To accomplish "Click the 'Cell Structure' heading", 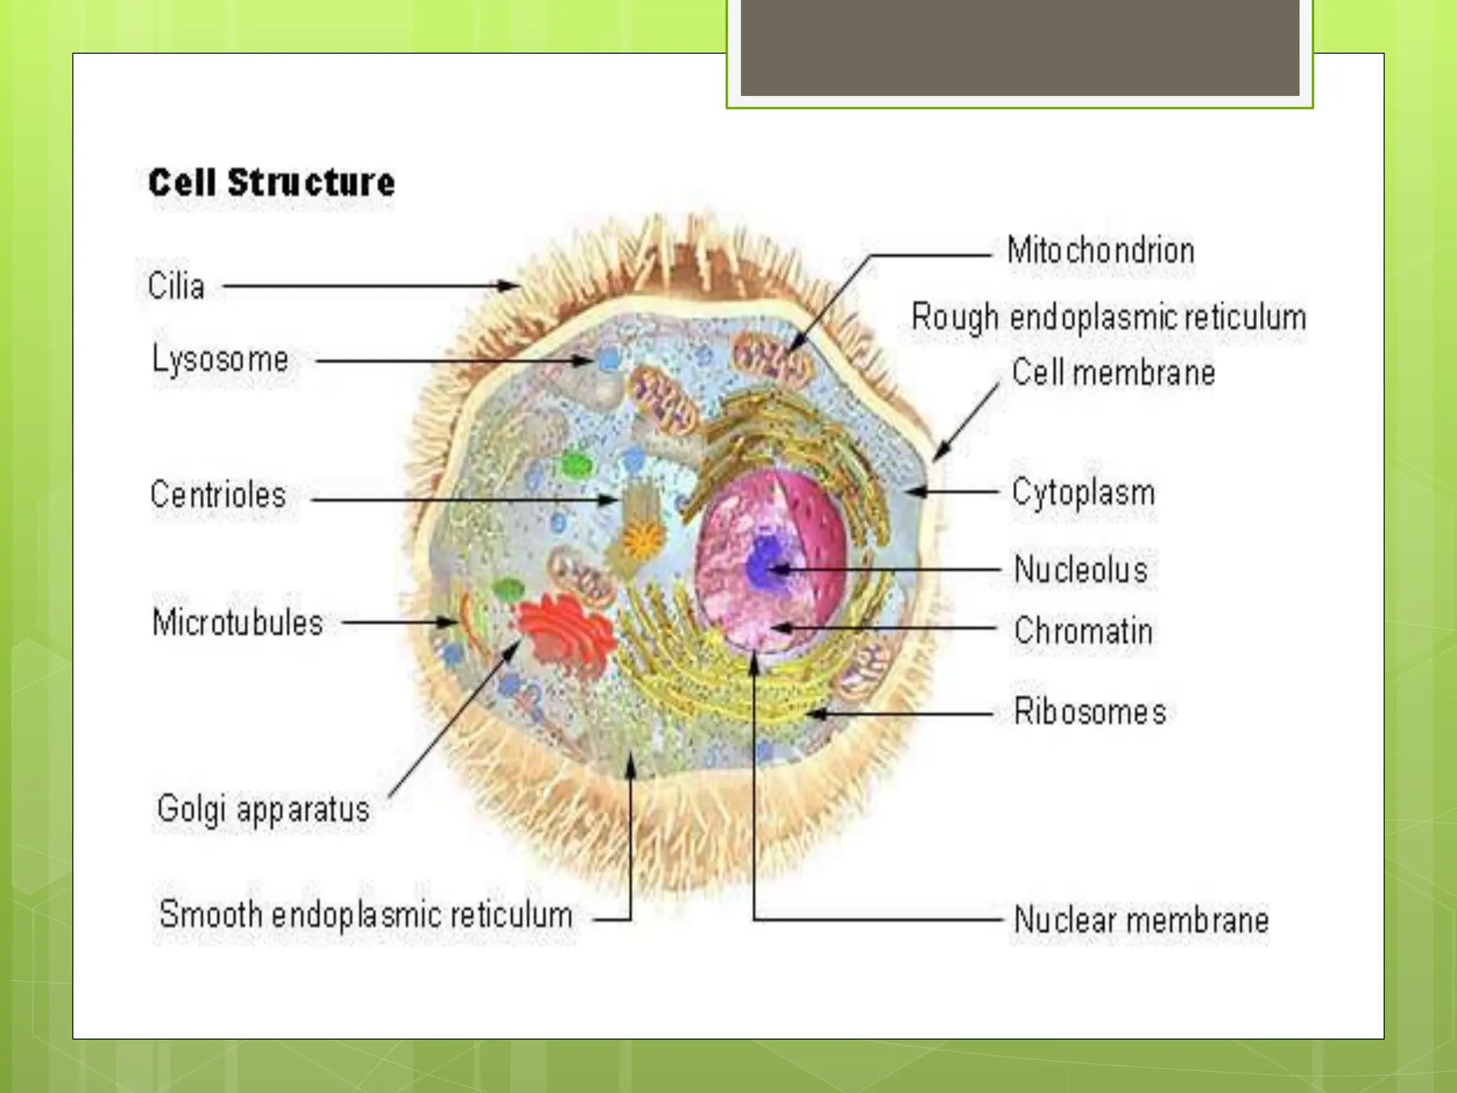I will pyautogui.click(x=271, y=183).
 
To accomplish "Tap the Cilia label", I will pyautogui.click(x=176, y=286).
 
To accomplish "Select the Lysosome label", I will pyautogui.click(x=221, y=359).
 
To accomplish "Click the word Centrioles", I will pyautogui.click(x=218, y=495).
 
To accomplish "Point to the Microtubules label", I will pyautogui.click(x=238, y=623).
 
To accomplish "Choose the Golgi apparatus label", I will pyautogui.click(x=263, y=809).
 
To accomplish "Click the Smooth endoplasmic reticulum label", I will pyautogui.click(x=366, y=914).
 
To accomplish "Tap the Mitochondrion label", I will pyautogui.click(x=1101, y=250).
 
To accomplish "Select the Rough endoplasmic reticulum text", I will pyautogui.click(x=1108, y=317).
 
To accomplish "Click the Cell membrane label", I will pyautogui.click(x=1113, y=372).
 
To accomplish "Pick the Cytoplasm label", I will pyautogui.click(x=1083, y=492).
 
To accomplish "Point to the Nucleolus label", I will pyautogui.click(x=1081, y=569).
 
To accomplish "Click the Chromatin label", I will pyautogui.click(x=1083, y=630).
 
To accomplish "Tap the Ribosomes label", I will pyautogui.click(x=1089, y=712).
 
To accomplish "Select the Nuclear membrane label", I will pyautogui.click(x=1141, y=919).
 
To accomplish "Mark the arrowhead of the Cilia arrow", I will pyautogui.click(x=514, y=286).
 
